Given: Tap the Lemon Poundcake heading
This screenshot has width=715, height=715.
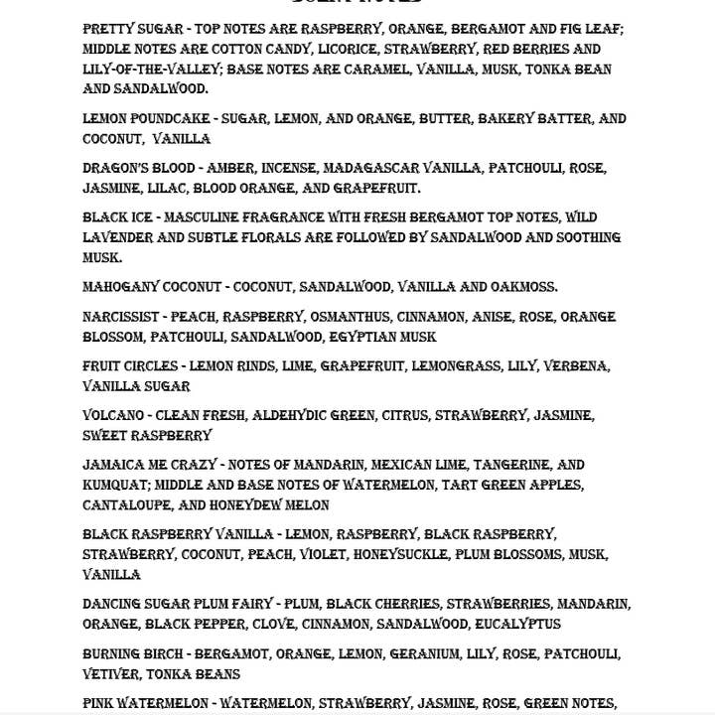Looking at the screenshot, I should [x=146, y=119].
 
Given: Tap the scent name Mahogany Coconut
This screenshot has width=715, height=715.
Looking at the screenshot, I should [x=152, y=287].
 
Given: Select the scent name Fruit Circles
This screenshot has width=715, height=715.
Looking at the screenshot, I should [x=129, y=366].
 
